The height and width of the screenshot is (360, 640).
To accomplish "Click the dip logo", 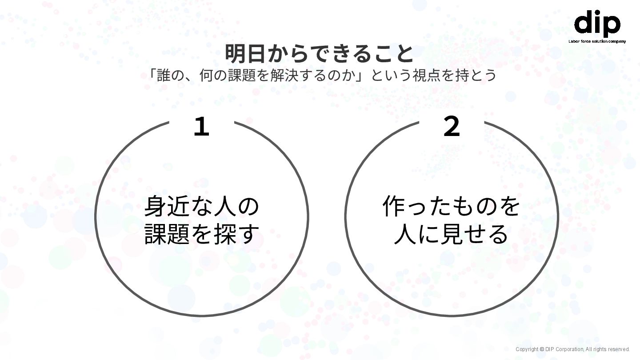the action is (597, 24).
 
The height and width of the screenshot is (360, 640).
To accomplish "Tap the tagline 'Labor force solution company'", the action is (597, 41).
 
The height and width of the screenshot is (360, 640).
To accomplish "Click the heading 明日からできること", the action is (319, 54).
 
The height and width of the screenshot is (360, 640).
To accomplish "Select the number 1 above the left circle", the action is (201, 127).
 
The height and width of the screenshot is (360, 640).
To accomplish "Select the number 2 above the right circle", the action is (452, 127).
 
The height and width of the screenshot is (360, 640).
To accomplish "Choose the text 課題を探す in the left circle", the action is (202, 234).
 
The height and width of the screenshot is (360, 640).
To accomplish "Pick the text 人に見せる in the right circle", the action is (451, 234).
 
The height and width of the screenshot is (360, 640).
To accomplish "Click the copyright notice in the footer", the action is (572, 349).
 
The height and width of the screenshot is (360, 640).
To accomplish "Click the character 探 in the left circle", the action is (225, 234).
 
